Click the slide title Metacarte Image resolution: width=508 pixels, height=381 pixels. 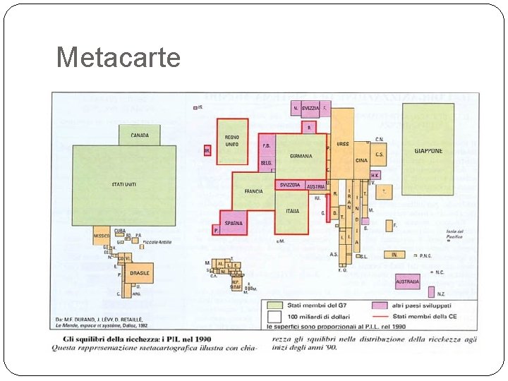tap(118, 57)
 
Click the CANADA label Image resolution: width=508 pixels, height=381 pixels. tap(139, 135)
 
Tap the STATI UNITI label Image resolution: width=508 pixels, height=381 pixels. tap(123, 184)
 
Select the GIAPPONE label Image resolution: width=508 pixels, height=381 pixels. tap(428, 151)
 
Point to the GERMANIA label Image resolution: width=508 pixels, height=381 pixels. tap(299, 156)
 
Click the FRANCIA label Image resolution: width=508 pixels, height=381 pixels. tap(253, 191)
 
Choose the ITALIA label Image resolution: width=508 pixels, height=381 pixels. tap(292, 211)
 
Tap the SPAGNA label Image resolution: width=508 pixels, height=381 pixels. tap(234, 223)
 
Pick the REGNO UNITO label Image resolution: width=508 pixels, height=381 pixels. tap(231, 140)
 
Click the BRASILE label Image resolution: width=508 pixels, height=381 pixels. tap(140, 272)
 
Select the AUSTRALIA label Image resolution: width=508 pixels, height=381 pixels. tap(407, 282)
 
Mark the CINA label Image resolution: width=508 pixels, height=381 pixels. tap(361, 160)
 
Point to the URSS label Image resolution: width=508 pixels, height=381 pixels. tap(342, 144)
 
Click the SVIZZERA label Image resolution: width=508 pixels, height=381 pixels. tap(289, 185)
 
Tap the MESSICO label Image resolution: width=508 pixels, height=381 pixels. tap(102, 236)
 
